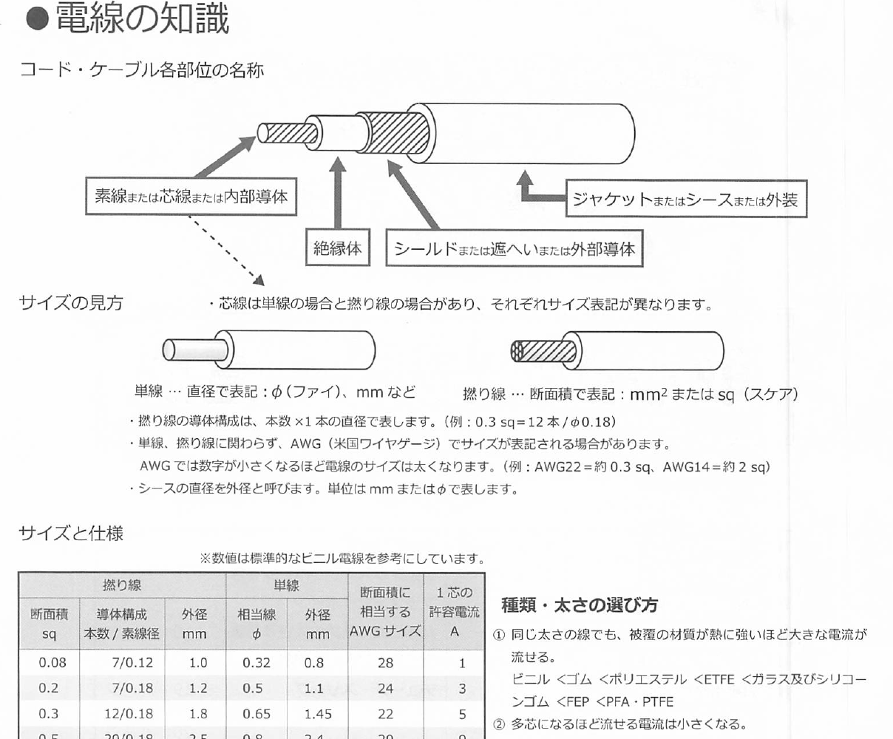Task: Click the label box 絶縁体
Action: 338,248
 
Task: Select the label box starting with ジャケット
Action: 685,199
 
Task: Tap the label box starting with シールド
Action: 515,250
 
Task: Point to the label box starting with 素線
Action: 191,197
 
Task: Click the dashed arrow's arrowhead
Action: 259,281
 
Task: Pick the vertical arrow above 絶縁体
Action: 338,192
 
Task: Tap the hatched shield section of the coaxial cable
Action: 399,133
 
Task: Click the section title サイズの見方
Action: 71,303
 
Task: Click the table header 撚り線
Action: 122,586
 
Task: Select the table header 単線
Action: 287,586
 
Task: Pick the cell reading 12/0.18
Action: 132,714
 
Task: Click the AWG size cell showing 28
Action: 385,663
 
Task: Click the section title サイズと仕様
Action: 71,532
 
